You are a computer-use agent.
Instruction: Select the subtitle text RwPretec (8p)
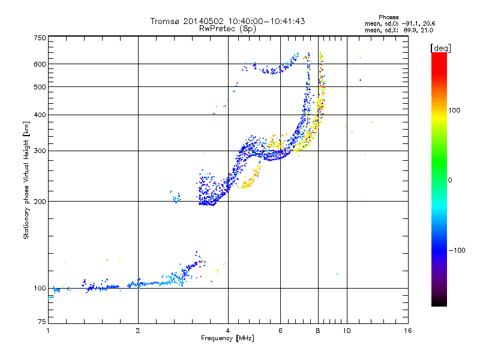pyautogui.click(x=228, y=29)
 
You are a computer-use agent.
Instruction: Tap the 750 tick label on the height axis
pyautogui.click(x=40, y=38)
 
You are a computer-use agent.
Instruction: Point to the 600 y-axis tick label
pyautogui.click(x=40, y=64)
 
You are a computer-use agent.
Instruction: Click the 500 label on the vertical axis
pyautogui.click(x=40, y=87)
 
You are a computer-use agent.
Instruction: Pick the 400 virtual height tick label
pyautogui.click(x=40, y=115)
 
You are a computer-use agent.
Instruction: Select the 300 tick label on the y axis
pyautogui.click(x=40, y=151)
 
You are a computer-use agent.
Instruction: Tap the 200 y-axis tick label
pyautogui.click(x=40, y=202)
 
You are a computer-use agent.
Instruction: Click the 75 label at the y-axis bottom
pyautogui.click(x=42, y=322)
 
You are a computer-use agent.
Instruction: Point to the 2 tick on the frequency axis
pyautogui.click(x=138, y=331)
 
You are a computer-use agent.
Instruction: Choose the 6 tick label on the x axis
pyautogui.click(x=280, y=331)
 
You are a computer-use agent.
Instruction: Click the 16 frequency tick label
pyautogui.click(x=408, y=331)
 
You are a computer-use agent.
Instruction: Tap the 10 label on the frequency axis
pyautogui.click(x=347, y=331)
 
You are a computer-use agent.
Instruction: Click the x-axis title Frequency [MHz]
pyautogui.click(x=228, y=338)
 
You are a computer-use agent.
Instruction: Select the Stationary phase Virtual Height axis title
pyautogui.click(x=26, y=181)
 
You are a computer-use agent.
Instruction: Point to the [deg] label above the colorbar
pyautogui.click(x=440, y=48)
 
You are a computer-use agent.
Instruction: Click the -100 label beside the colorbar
pyautogui.click(x=457, y=250)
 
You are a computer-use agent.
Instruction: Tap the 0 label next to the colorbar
pyautogui.click(x=450, y=181)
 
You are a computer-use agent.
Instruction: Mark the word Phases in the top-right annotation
pyautogui.click(x=388, y=17)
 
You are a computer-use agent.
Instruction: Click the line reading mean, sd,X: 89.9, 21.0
pyautogui.click(x=399, y=31)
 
